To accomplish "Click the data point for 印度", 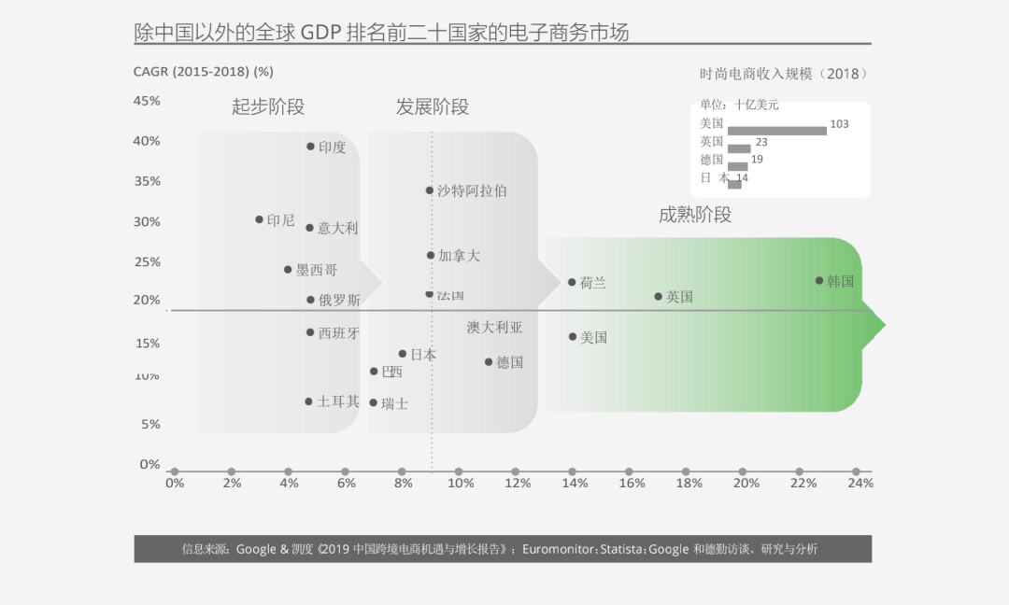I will (x=310, y=147).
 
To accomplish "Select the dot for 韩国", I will (x=819, y=280).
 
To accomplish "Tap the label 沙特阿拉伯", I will (x=472, y=190).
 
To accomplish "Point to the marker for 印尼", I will (x=259, y=219).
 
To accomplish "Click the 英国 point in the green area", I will (x=658, y=297).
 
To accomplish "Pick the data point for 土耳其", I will (x=308, y=401).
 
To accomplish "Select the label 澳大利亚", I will (x=494, y=328).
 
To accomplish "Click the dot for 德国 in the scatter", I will (x=488, y=361).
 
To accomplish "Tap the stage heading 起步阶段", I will (x=268, y=106).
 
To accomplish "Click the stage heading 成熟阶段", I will (x=694, y=215).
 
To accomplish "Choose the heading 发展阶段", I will (x=432, y=106).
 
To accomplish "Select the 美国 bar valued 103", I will (x=776, y=130).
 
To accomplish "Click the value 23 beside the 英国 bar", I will (x=761, y=142).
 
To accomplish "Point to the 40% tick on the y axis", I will (x=147, y=141).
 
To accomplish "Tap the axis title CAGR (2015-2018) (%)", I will (x=203, y=72).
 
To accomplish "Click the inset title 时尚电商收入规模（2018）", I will (x=783, y=74).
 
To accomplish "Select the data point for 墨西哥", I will (x=288, y=270).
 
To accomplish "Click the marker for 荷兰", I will (x=572, y=282).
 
